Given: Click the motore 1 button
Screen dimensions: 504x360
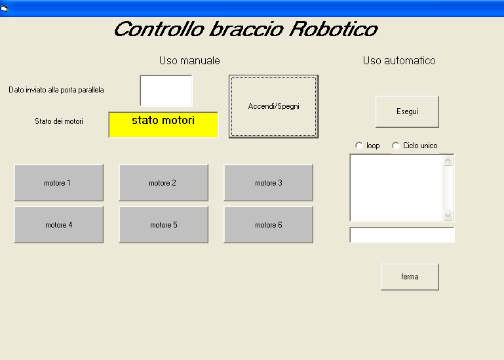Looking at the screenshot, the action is (58, 183).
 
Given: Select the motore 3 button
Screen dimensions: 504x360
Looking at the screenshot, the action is (269, 183).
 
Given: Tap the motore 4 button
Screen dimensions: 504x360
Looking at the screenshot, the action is (58, 224).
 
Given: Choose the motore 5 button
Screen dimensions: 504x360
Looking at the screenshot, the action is (164, 224).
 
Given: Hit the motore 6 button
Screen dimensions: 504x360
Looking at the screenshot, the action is (269, 224).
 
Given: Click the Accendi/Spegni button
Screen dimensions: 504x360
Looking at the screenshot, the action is (273, 106).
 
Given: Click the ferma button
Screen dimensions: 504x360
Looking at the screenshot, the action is (410, 277).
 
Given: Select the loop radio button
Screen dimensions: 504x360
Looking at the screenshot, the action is (359, 146).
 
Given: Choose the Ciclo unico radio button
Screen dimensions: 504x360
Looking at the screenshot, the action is (396, 146).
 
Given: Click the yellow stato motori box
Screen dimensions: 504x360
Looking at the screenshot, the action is (164, 125).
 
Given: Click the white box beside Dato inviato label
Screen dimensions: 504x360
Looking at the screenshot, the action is (166, 90).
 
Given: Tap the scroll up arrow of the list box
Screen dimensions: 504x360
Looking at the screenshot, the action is (448, 161).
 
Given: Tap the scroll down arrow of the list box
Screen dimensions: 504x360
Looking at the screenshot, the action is (448, 215).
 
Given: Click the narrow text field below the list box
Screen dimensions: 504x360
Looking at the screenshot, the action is (402, 235).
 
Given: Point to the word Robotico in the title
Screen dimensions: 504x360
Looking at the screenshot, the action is (334, 30).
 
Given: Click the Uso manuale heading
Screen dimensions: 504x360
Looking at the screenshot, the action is (189, 60).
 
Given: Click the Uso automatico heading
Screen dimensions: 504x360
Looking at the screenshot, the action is (399, 60).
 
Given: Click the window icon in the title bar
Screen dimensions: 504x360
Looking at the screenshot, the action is (4, 8).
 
